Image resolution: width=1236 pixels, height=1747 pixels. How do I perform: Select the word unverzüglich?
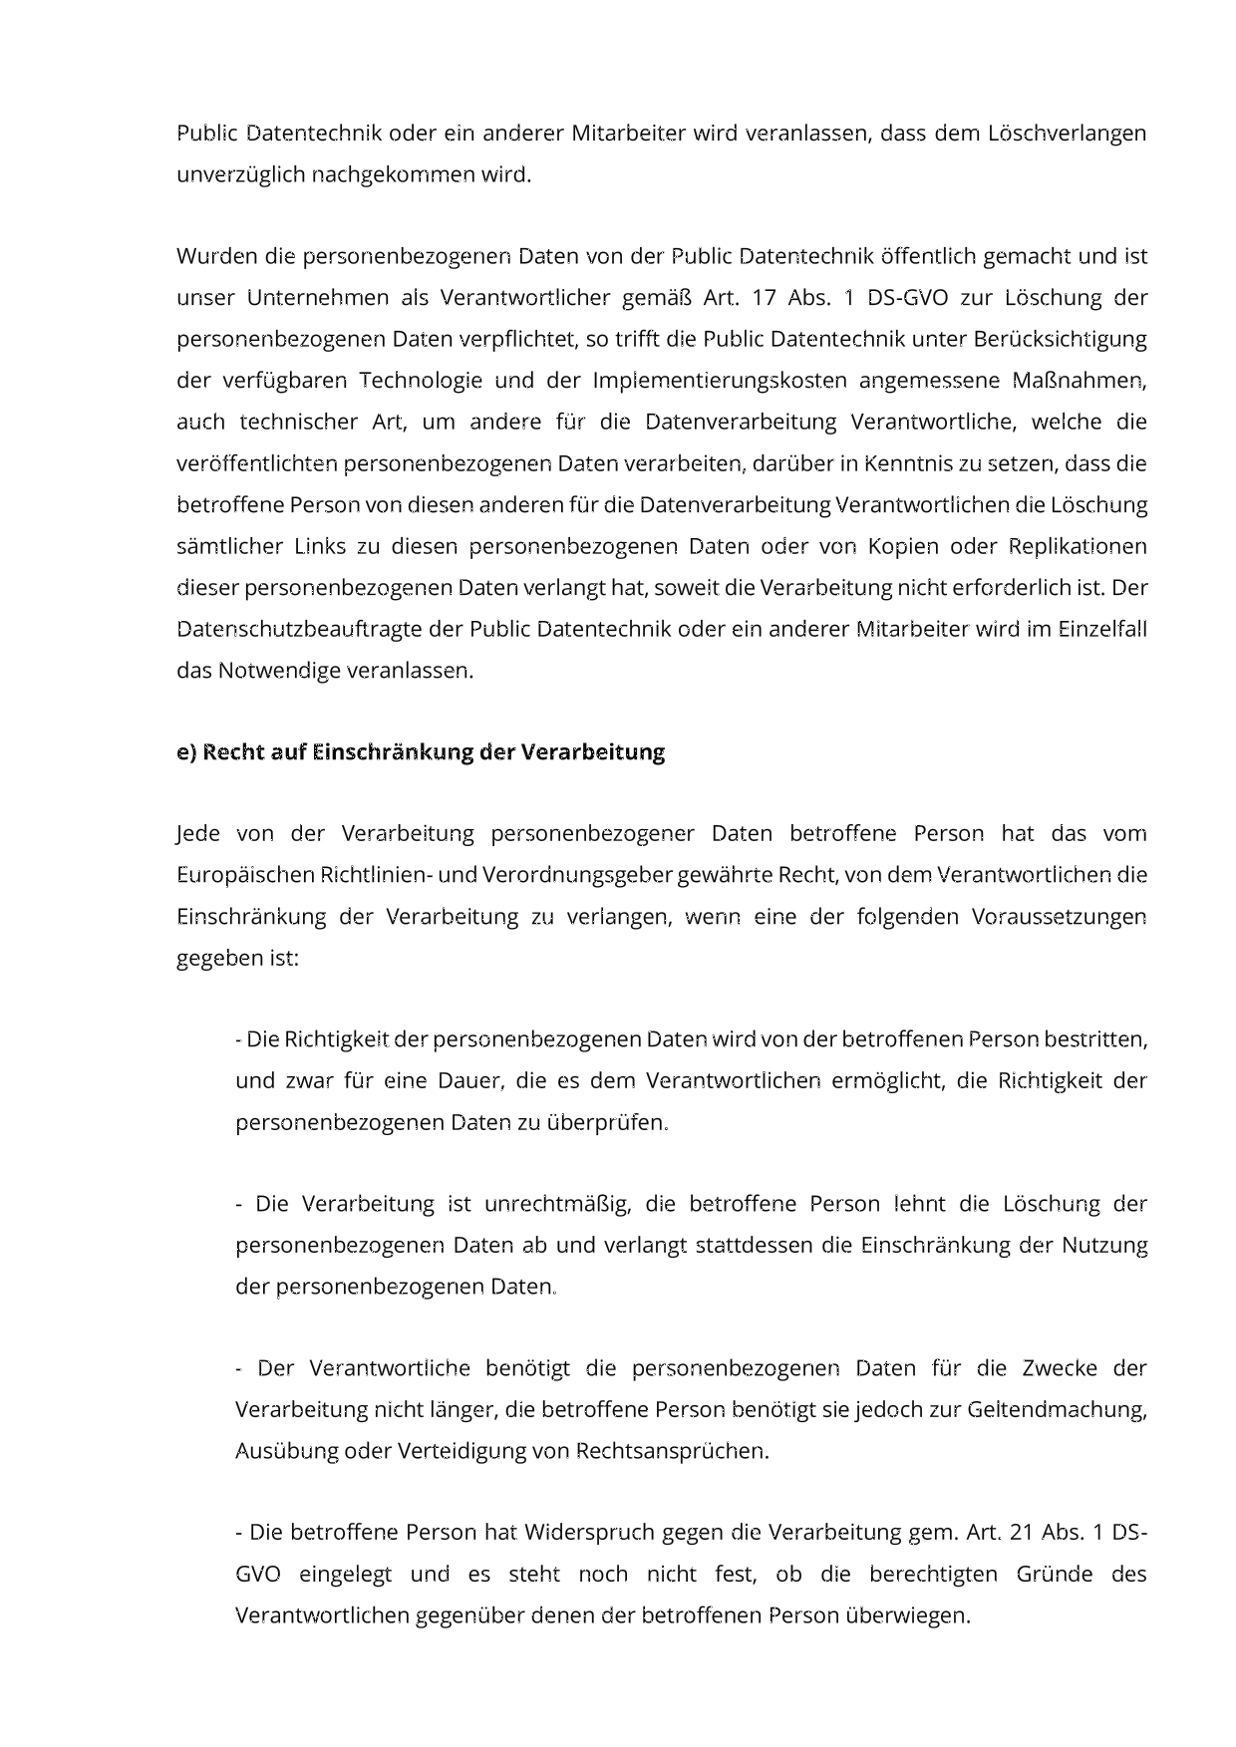coord(240,174)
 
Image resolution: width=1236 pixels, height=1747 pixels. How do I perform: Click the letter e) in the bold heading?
coord(186,752)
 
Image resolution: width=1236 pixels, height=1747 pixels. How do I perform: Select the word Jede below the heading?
coord(197,833)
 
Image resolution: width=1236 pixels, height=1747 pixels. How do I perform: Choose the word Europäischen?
coord(245,875)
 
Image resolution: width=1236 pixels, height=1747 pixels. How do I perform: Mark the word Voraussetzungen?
coord(1059,917)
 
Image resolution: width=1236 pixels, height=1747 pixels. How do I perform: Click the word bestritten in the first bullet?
coord(1095,1039)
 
